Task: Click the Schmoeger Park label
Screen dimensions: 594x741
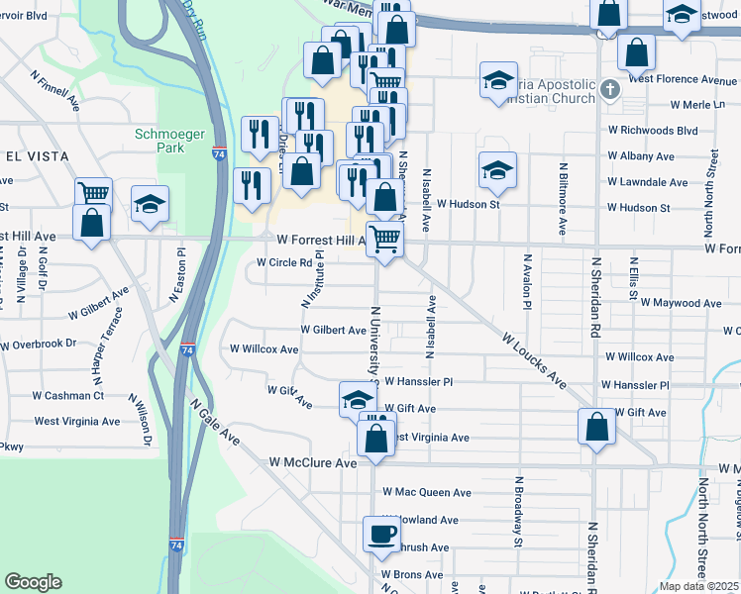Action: [159, 141]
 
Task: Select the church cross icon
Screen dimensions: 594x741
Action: [610, 89]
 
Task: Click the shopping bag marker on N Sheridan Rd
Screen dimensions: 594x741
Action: [596, 428]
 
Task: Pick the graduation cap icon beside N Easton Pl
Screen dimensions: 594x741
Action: [150, 203]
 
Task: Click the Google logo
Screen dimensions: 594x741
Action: [33, 582]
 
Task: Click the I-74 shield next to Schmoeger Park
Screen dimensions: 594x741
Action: [218, 153]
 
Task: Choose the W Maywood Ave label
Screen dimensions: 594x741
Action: [681, 303]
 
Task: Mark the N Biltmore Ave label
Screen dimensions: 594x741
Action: [563, 198]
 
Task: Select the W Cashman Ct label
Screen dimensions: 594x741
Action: [67, 395]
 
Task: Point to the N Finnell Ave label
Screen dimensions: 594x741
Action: [55, 88]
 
